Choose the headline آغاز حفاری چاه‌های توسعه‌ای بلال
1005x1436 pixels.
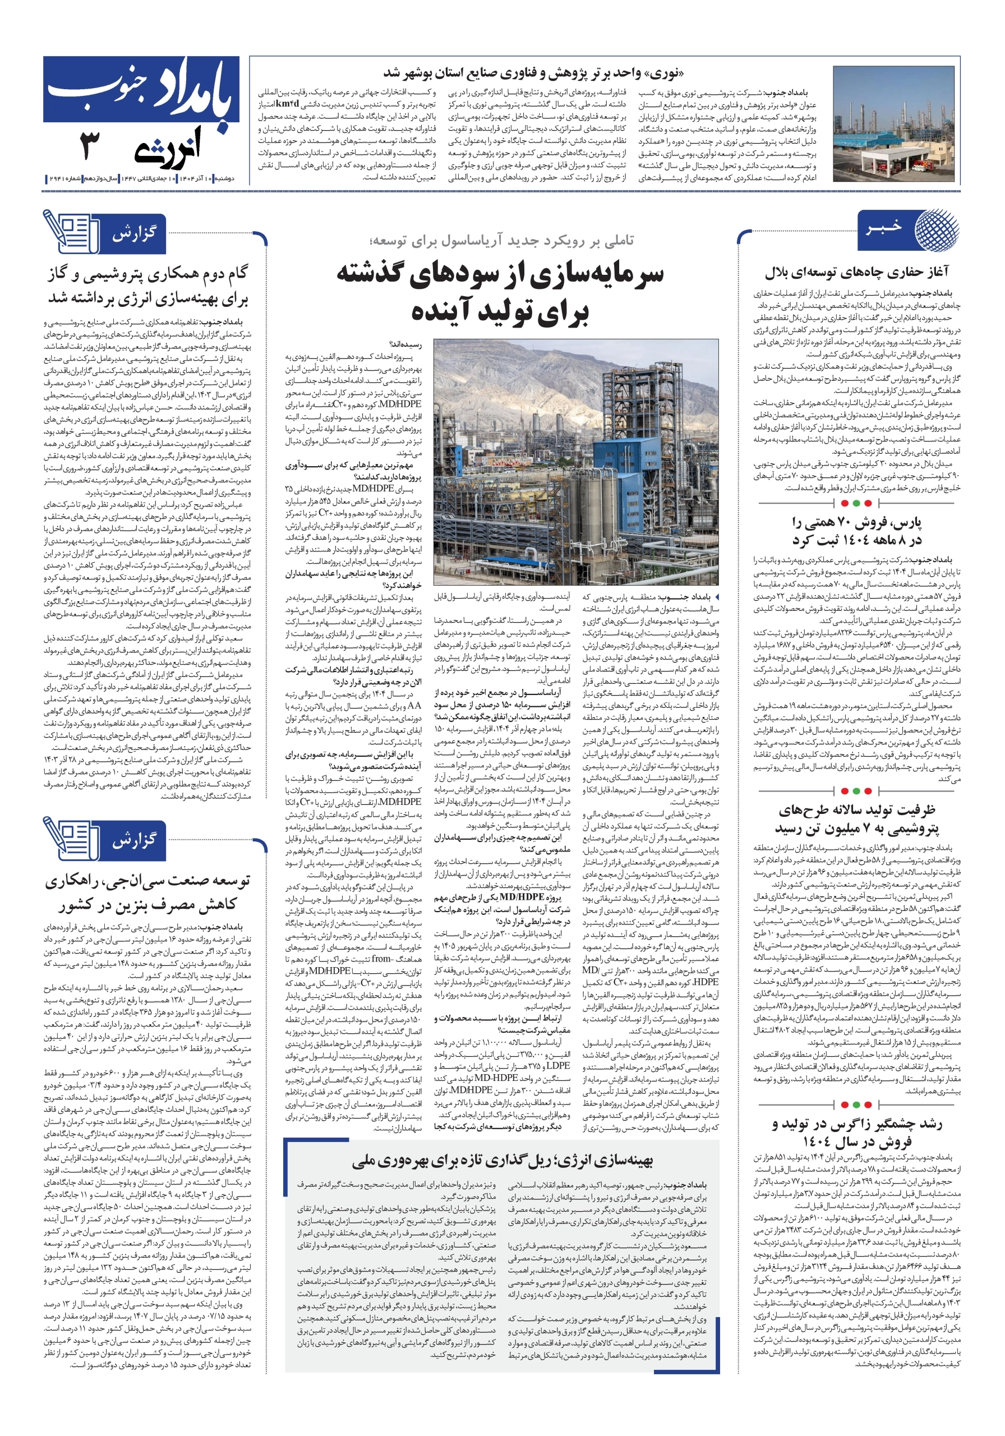coord(856,271)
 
